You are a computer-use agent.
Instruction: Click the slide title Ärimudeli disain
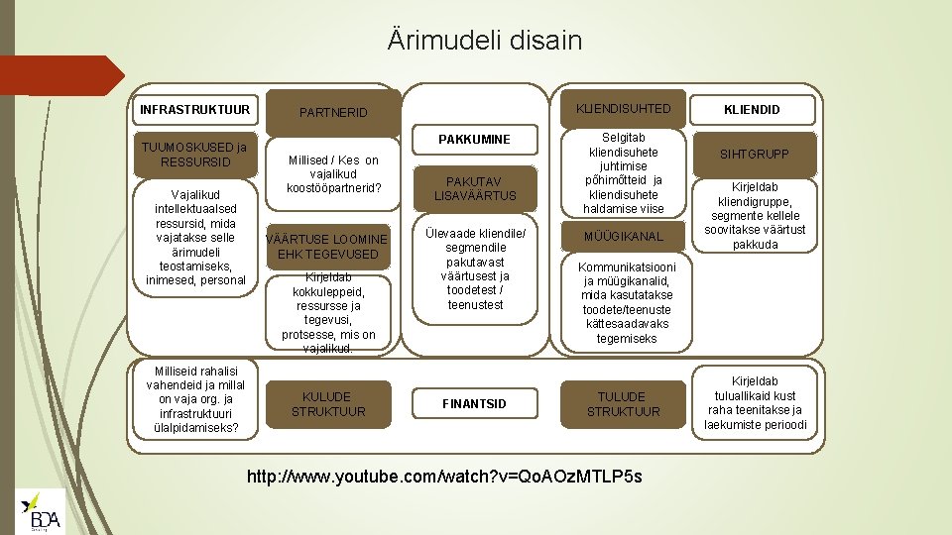click(x=485, y=41)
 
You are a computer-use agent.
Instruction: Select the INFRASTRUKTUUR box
click(x=194, y=108)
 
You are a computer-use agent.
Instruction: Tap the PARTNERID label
click(x=334, y=113)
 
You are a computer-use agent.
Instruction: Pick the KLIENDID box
click(x=752, y=110)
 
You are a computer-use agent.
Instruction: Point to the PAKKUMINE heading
click(x=477, y=140)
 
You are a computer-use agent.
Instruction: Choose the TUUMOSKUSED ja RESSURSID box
click(x=194, y=155)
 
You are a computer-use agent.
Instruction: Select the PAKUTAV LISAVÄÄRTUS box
click(x=476, y=188)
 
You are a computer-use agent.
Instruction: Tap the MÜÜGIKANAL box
click(x=624, y=237)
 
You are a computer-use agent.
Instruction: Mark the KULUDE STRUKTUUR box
click(x=328, y=403)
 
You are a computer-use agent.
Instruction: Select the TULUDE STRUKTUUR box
click(x=623, y=403)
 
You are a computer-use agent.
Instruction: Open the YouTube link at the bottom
click(x=444, y=477)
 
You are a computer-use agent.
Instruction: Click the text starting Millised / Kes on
click(x=333, y=175)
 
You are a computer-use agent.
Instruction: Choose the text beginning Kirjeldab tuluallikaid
click(x=756, y=403)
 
